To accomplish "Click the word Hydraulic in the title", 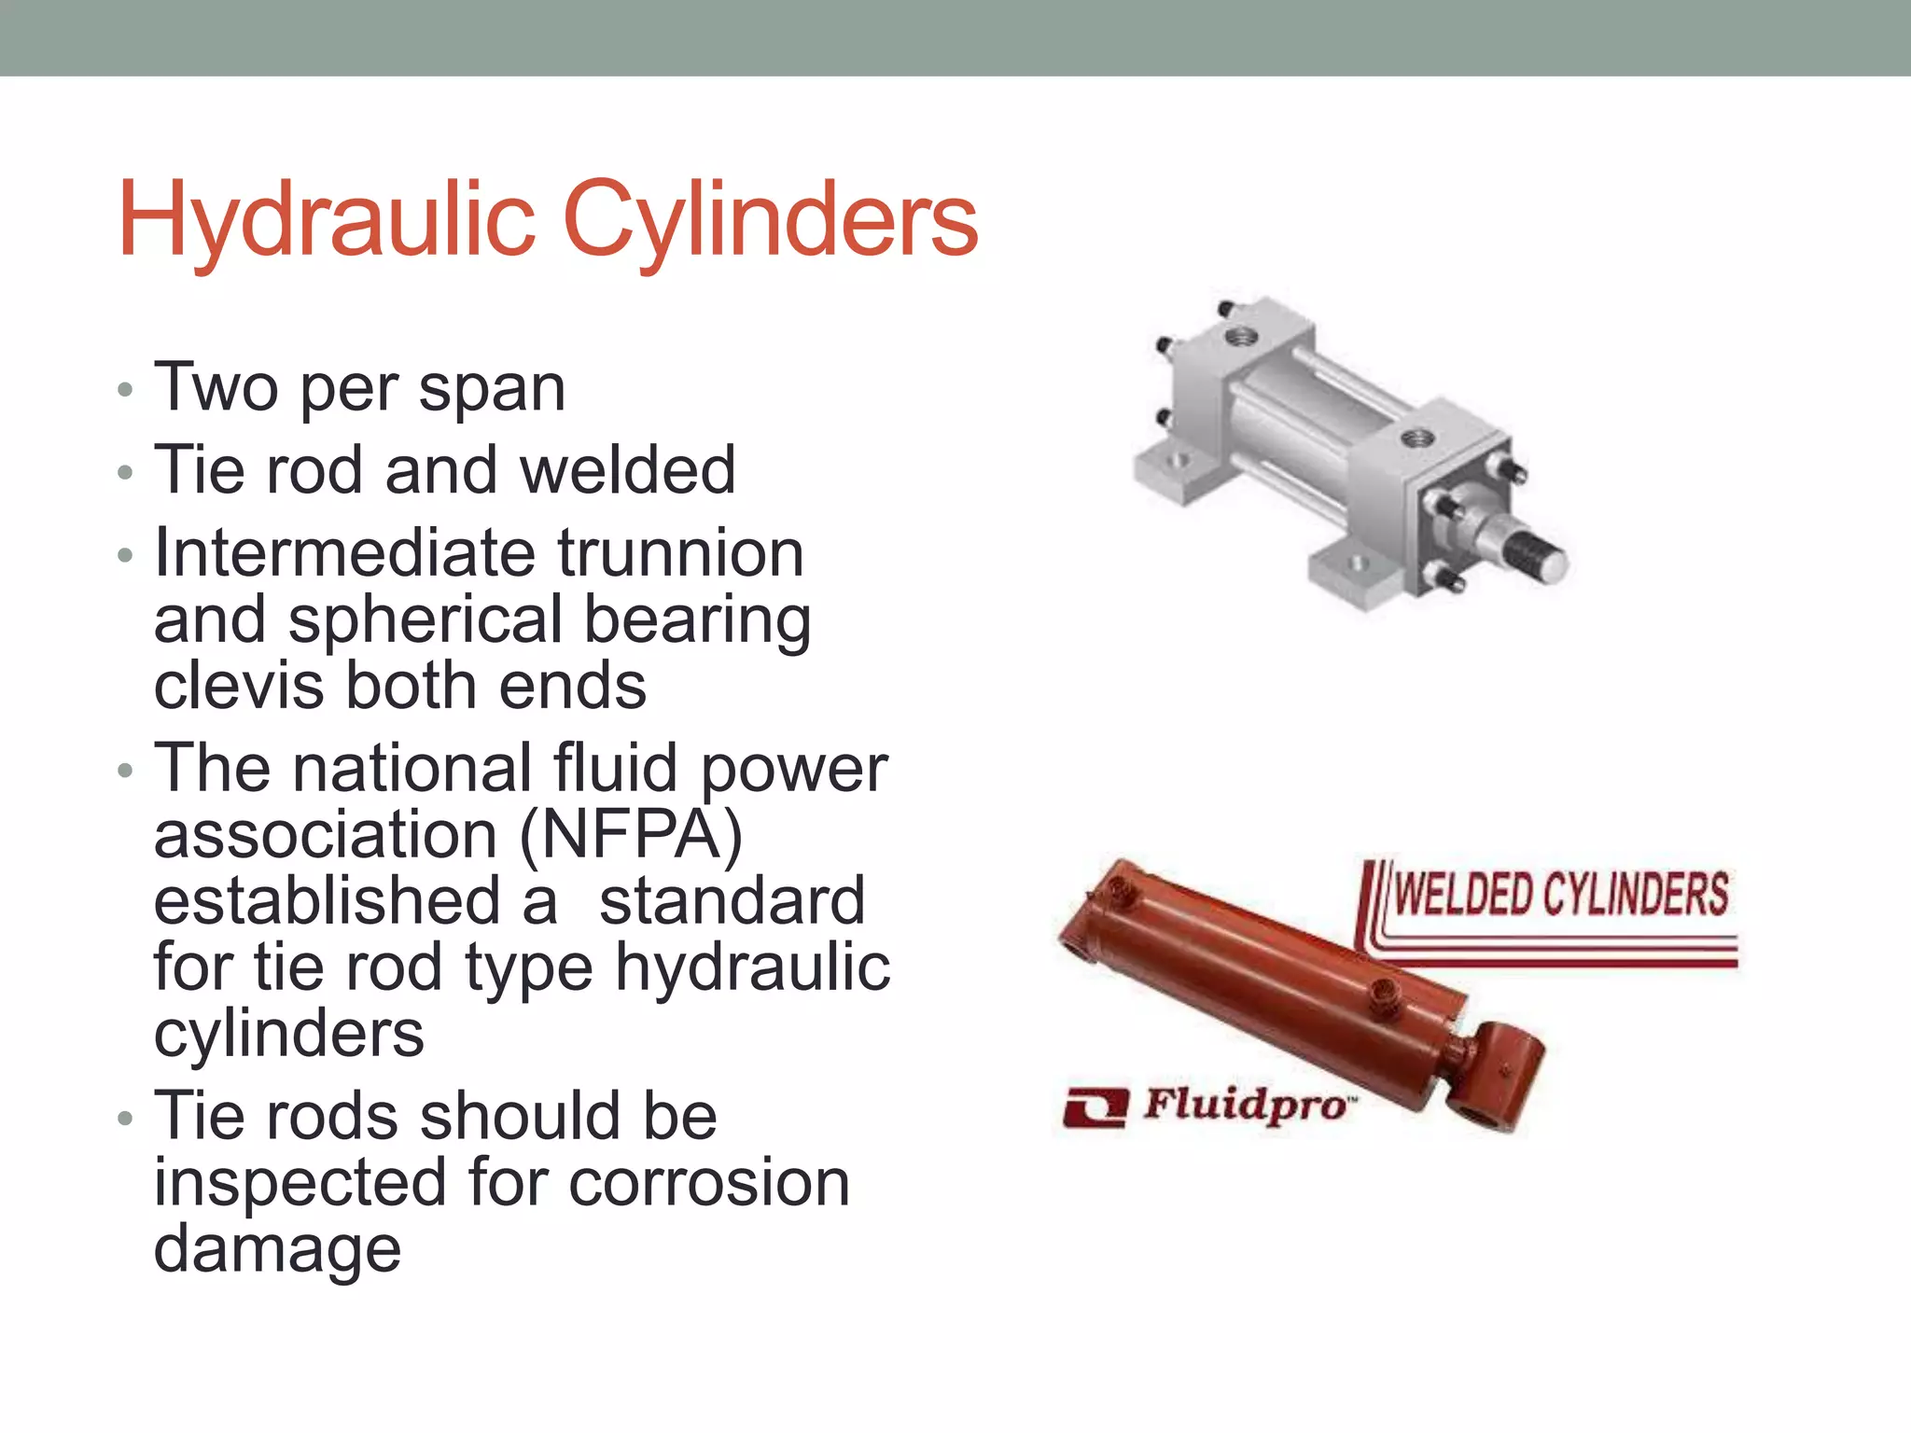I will coord(326,221).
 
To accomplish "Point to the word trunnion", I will coord(681,553).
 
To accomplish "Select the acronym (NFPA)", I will coord(631,835).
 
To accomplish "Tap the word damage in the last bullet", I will coord(277,1250).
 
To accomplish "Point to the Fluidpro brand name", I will coord(1246,1106).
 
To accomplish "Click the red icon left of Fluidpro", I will coord(1095,1107).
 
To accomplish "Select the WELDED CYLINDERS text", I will coord(1560,894).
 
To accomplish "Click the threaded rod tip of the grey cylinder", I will coord(1541,557).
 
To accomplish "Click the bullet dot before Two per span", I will coord(126,389).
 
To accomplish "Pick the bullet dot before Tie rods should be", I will coord(126,1118).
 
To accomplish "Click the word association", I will coord(325,835).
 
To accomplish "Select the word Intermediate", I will coord(344,553).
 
